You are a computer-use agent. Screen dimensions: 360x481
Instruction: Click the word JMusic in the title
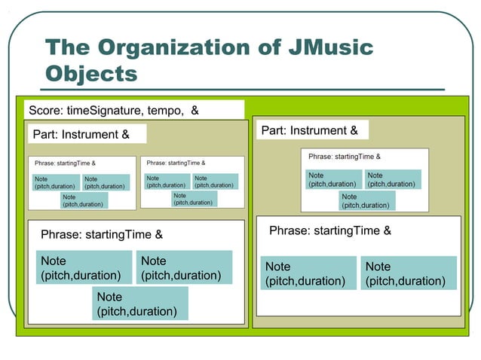(329, 48)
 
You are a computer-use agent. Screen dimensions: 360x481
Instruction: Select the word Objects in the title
(92, 74)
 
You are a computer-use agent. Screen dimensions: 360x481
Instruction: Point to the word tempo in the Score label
(167, 111)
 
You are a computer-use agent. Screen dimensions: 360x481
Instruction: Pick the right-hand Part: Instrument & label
(309, 130)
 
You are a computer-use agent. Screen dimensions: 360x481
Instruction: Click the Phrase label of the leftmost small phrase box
(65, 163)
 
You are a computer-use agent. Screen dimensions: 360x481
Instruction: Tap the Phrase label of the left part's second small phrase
(176, 163)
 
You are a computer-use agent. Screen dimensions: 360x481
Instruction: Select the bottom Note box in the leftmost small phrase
(84, 200)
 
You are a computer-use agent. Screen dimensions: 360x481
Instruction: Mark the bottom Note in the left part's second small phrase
(194, 198)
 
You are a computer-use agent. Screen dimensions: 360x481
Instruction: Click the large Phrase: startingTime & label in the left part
(101, 235)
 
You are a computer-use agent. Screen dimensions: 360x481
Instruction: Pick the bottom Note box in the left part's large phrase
(140, 304)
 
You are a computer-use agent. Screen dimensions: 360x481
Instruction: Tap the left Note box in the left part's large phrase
(81, 267)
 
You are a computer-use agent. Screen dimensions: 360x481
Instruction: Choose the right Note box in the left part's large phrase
(182, 267)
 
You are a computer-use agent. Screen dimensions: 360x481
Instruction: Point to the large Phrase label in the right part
(330, 230)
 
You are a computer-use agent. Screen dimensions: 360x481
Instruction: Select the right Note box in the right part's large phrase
(409, 273)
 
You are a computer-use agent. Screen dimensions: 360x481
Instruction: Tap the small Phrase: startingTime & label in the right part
(345, 157)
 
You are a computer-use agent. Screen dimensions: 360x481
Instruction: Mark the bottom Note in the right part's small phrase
(367, 200)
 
